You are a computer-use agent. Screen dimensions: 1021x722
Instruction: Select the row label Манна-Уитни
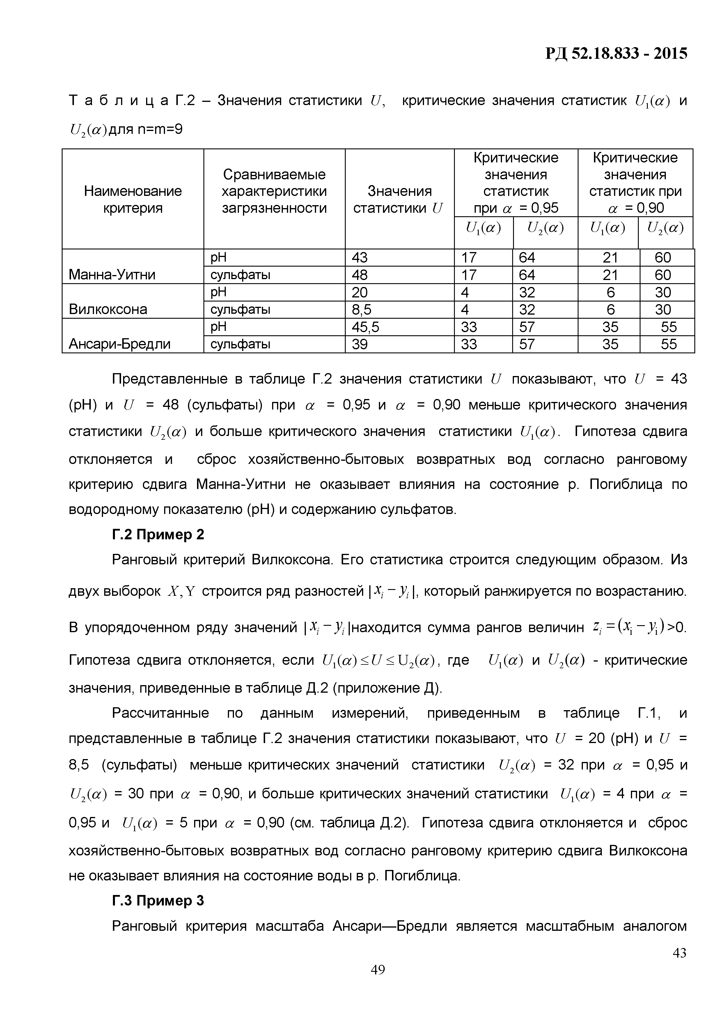112,275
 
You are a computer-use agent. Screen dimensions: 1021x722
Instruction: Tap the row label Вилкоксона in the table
108,309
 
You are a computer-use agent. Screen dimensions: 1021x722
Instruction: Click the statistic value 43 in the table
360,258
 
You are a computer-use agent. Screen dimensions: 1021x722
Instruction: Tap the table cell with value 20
360,293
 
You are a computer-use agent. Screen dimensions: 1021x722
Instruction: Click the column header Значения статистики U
399,199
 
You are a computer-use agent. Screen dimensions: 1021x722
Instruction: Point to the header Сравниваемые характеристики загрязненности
274,191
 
